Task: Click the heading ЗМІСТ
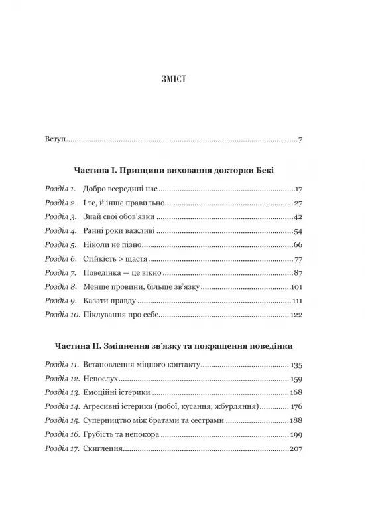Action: point(182,81)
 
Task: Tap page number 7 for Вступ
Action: point(300,141)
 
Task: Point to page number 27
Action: point(298,203)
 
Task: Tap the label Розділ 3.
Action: point(61,217)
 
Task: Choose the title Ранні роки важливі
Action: point(119,231)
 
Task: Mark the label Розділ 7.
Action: point(61,273)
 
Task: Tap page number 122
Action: point(296,315)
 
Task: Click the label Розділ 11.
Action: point(62,365)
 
